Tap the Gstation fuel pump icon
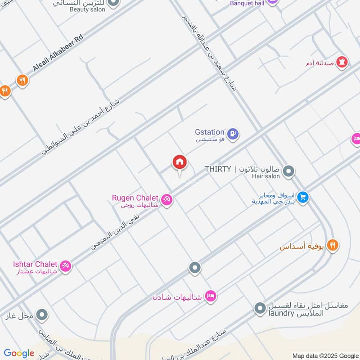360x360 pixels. (232, 133)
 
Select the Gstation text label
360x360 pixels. (209, 132)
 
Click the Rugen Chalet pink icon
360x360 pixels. (167, 199)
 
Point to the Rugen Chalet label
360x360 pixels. (135, 198)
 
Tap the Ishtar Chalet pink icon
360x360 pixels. (66, 266)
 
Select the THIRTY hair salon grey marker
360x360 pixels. (289, 171)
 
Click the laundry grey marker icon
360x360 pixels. (260, 308)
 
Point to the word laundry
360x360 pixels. (283, 314)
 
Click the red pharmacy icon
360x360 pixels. (342, 63)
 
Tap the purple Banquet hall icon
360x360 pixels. (272, 2)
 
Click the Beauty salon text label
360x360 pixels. (87, 9)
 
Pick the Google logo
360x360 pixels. (19, 353)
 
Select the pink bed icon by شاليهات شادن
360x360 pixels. (210, 296)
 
